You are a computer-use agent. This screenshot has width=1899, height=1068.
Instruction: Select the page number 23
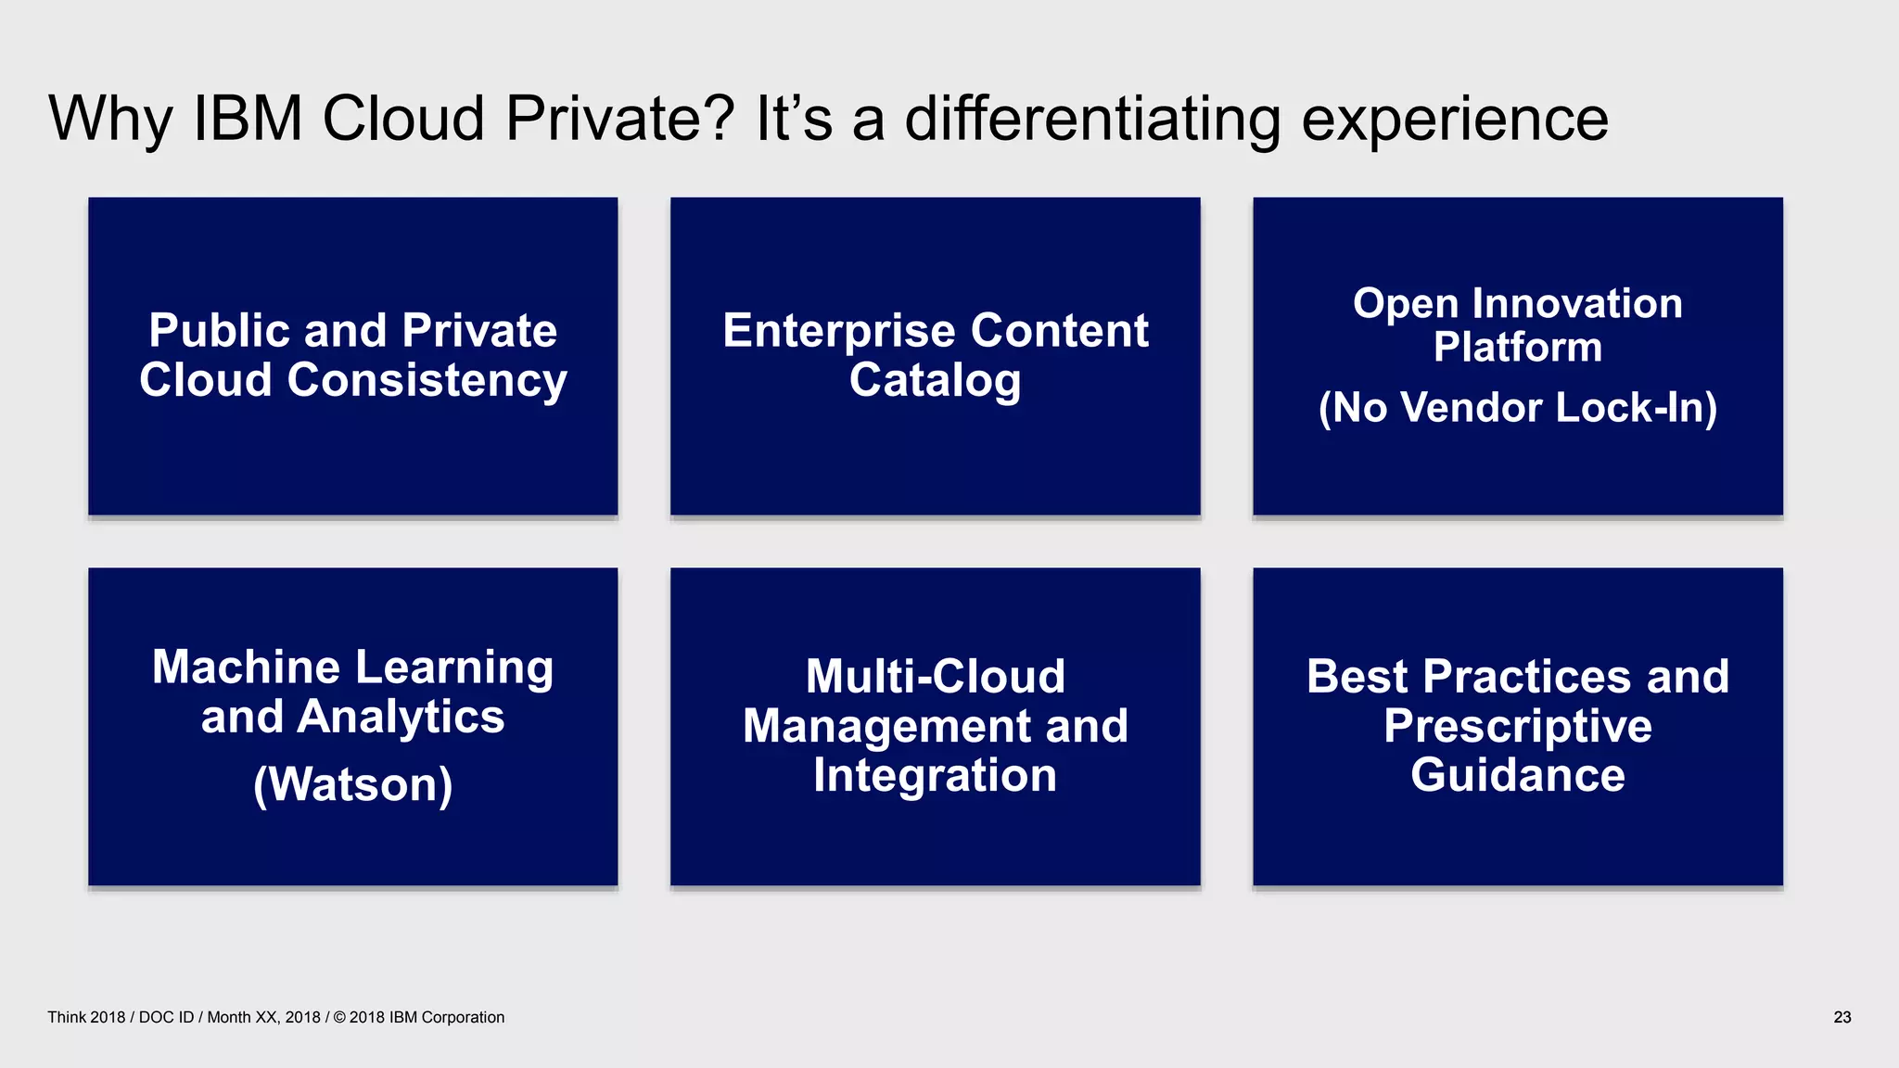pos(1842,1017)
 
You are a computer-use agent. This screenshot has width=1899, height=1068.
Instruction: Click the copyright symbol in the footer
pos(338,1017)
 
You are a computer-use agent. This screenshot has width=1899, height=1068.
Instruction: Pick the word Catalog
pos(935,380)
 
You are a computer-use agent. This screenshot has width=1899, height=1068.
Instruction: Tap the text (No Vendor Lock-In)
pos(1517,408)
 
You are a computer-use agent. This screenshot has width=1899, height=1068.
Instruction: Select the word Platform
pos(1517,347)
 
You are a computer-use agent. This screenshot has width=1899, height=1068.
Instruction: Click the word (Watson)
pos(352,784)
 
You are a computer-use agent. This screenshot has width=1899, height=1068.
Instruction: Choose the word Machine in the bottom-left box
pos(247,667)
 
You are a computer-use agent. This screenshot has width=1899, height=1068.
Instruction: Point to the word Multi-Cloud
pos(935,677)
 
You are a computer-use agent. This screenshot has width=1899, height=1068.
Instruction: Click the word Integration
pos(935,775)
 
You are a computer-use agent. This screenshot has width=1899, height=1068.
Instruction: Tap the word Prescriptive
pos(1517,726)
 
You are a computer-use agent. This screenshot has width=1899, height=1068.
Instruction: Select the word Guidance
pos(1517,775)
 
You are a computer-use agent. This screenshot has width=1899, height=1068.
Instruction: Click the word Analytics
pos(401,718)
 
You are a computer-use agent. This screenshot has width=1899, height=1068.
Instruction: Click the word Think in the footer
pos(67,1017)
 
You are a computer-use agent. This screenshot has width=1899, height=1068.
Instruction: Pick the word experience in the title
pos(1454,119)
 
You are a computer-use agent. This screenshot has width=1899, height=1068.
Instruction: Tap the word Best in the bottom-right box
pos(1357,677)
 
